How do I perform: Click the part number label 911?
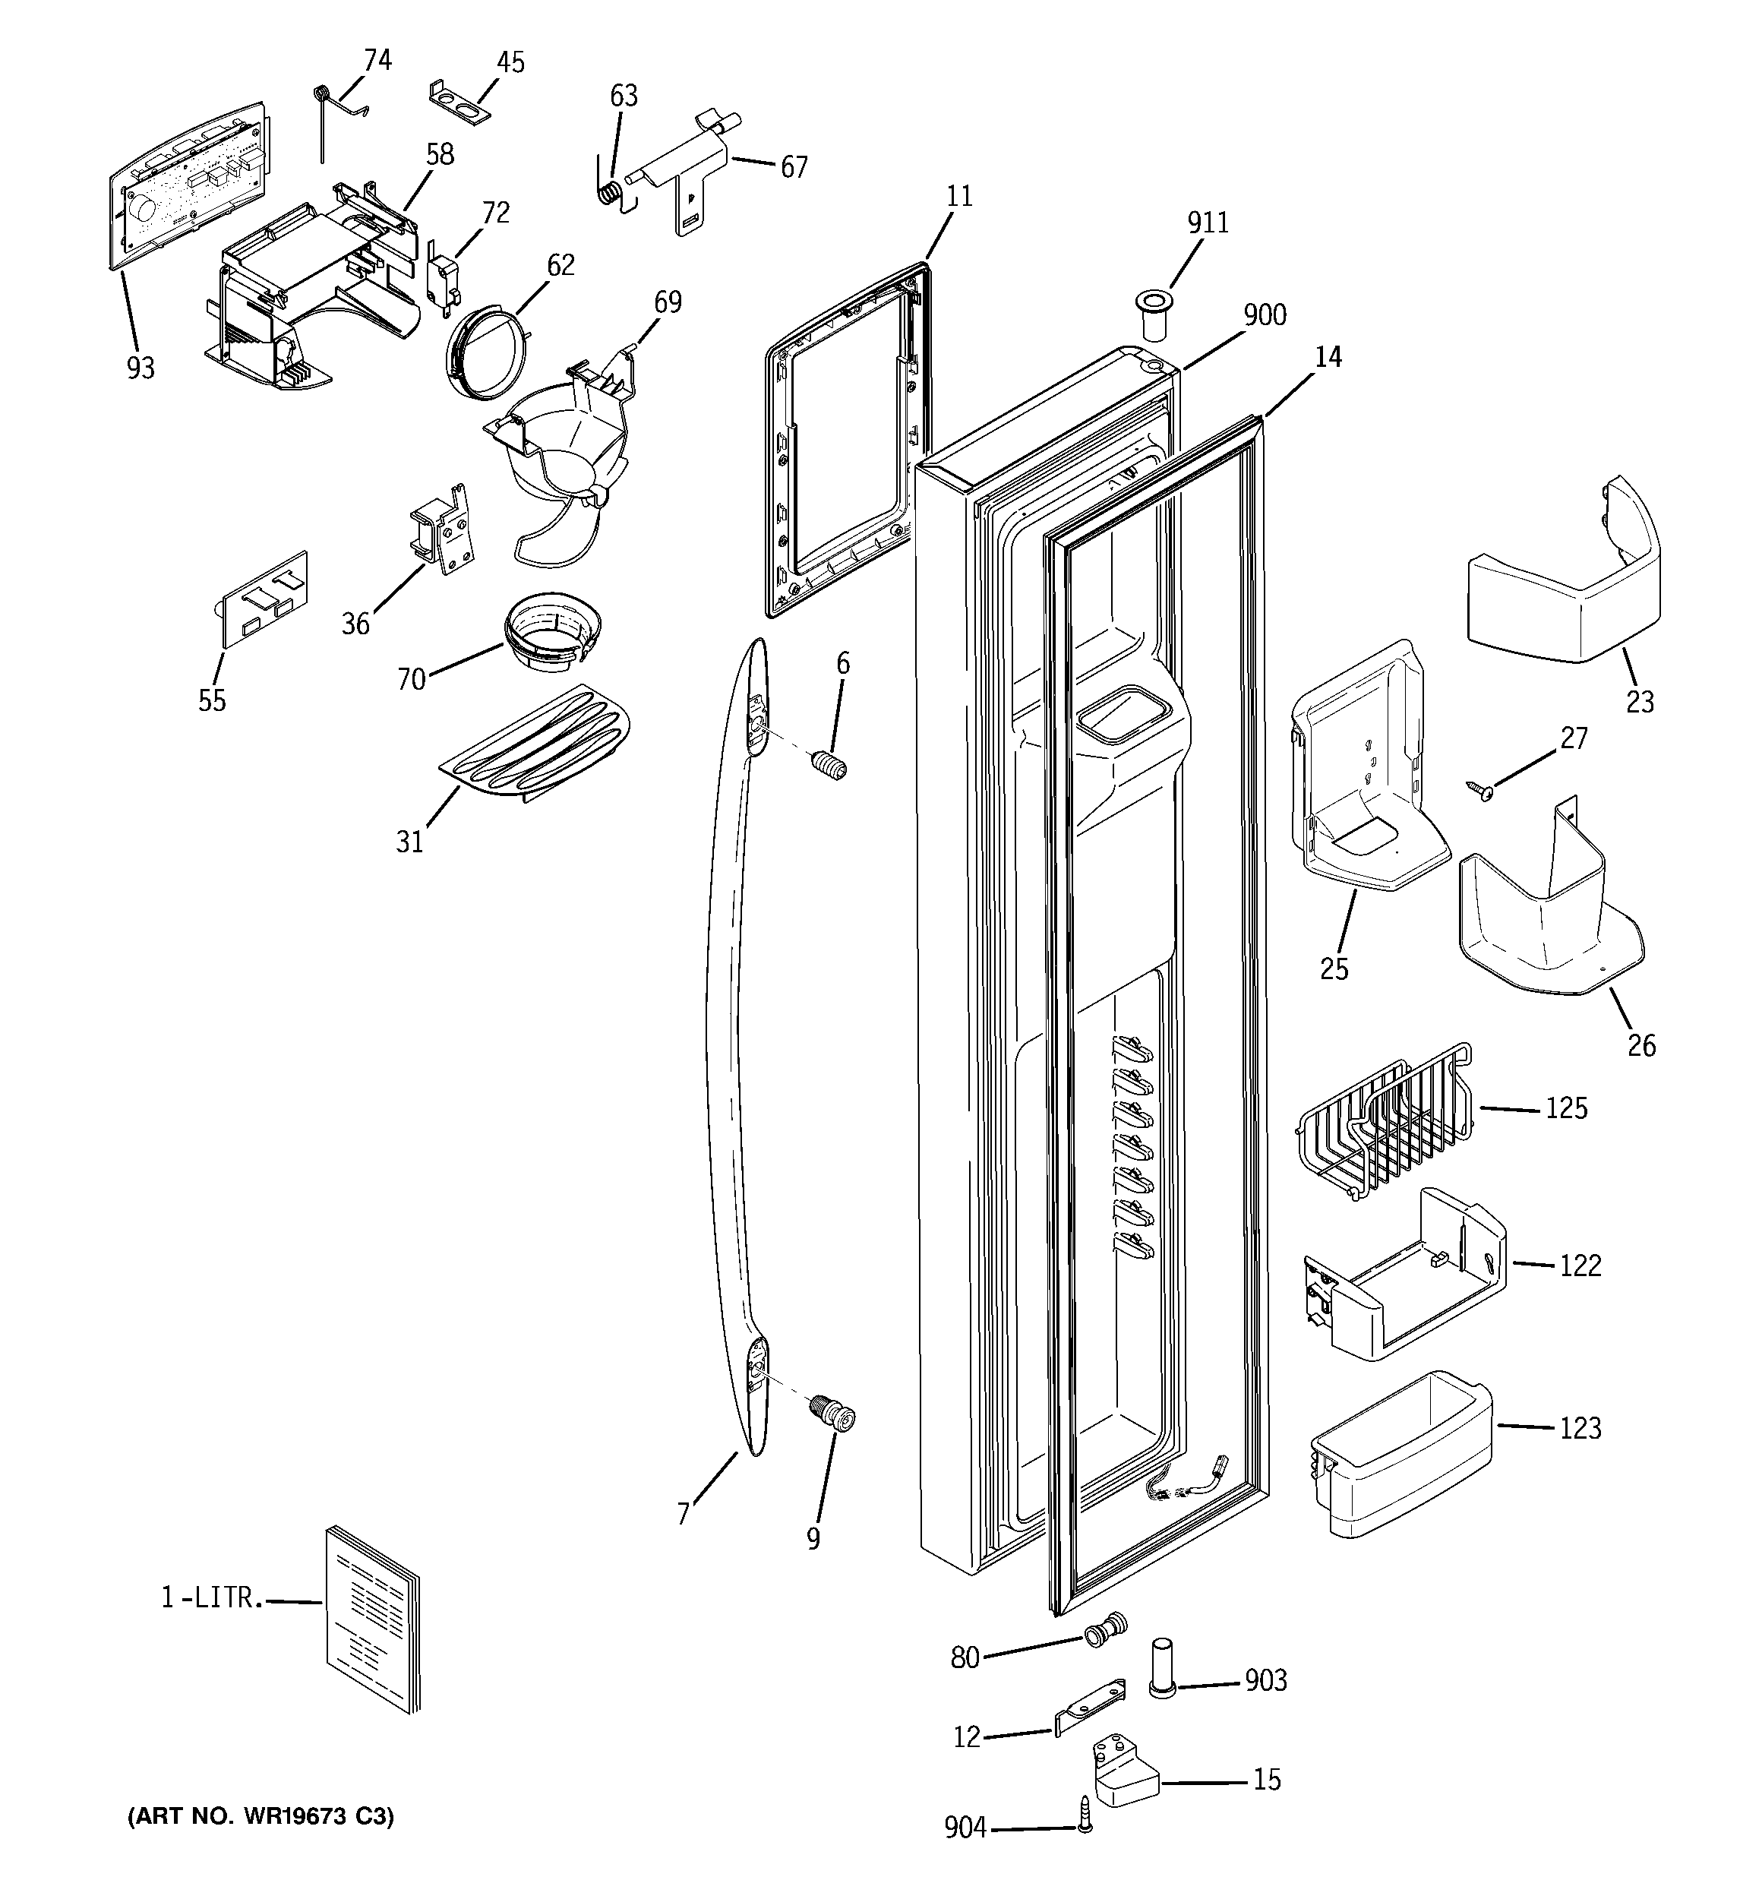click(x=1207, y=223)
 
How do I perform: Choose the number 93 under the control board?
click(x=140, y=367)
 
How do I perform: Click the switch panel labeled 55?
click(x=265, y=599)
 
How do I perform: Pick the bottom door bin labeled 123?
click(x=1399, y=1454)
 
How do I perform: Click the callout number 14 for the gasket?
click(x=1328, y=358)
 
